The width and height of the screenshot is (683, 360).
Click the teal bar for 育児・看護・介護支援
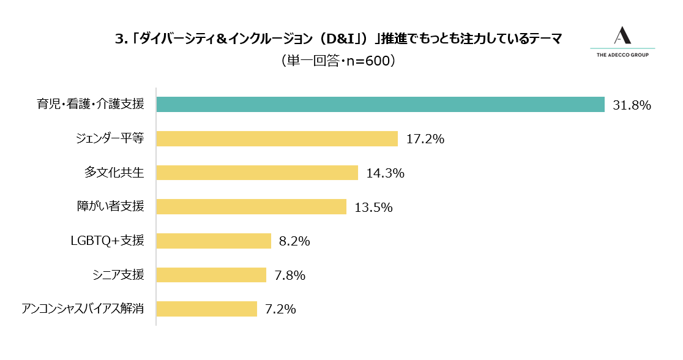pos(380,105)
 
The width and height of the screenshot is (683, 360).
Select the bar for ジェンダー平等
pos(277,138)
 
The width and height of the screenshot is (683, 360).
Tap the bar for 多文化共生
pos(257,173)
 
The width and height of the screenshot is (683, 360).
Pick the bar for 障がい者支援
pos(251,207)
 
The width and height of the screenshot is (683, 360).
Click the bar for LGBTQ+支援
pos(214,241)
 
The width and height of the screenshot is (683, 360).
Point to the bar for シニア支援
pos(211,275)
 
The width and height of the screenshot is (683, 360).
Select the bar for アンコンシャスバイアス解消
pos(206,309)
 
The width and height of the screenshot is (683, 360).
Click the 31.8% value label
pos(632,105)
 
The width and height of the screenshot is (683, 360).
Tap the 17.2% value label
pos(425,139)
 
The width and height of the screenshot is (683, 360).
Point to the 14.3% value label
pos(385,173)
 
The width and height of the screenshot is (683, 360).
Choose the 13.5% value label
pos(373,208)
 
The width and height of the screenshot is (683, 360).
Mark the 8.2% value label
pos(294,241)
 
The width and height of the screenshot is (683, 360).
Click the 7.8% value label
pos(289,276)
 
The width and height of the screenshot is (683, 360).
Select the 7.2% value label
pos(280,309)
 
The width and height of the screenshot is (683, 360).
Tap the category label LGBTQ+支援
pos(108,241)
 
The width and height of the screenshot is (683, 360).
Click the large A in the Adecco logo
pos(622,36)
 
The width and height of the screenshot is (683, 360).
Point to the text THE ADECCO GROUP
pos(622,55)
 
